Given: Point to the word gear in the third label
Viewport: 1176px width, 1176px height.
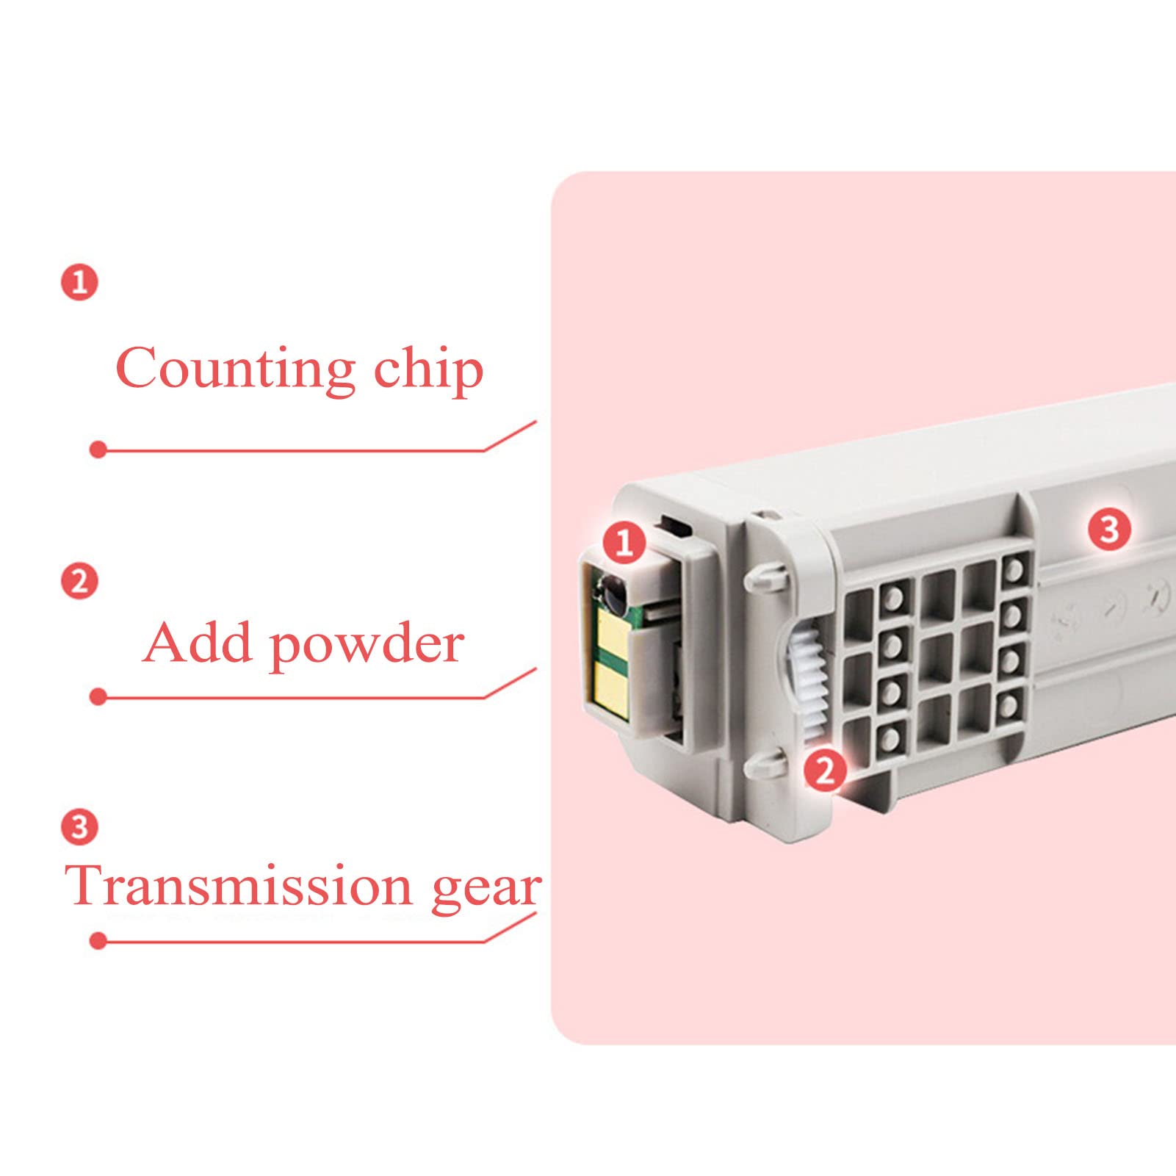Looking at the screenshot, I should (x=486, y=889).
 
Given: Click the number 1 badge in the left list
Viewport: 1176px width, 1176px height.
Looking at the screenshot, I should (x=79, y=282).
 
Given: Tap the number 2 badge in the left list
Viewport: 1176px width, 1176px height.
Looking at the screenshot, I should (x=79, y=582).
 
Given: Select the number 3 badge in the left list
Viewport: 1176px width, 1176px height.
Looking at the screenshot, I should (x=79, y=826).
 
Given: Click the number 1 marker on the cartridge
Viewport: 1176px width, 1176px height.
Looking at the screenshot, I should (x=624, y=543).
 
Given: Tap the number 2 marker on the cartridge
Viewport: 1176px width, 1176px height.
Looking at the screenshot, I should (x=825, y=770).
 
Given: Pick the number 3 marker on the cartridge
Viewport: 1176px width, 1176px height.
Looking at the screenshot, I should (x=1108, y=529).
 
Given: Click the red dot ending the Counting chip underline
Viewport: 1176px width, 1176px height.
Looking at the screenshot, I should (x=98, y=450).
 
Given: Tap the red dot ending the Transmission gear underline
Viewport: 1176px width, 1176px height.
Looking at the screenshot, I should (x=98, y=941).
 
